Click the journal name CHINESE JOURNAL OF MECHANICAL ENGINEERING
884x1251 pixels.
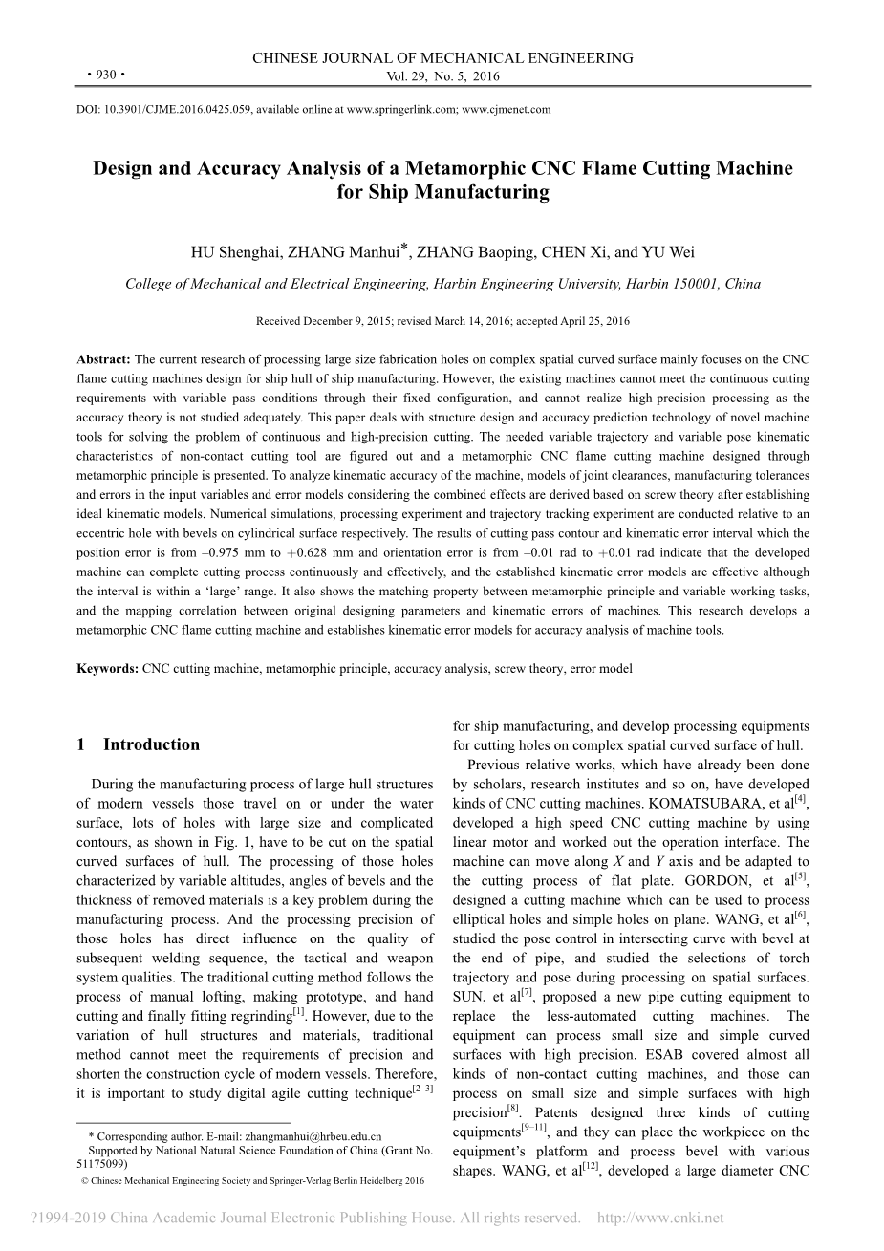[442, 58]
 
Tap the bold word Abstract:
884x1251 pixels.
[103, 359]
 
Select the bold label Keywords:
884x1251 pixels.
[107, 669]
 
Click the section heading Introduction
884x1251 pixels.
[151, 744]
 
